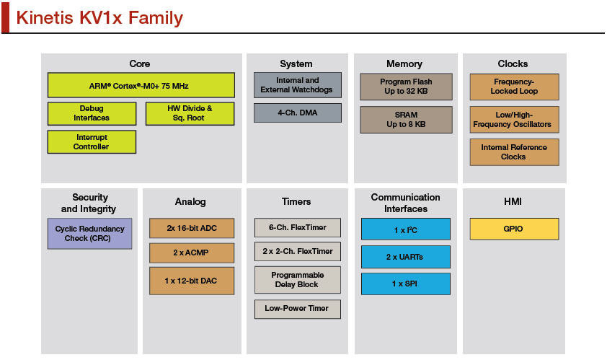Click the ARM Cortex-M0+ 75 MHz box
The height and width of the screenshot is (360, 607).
pos(141,85)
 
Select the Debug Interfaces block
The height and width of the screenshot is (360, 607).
pos(92,113)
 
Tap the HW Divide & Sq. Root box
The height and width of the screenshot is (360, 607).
pos(190,113)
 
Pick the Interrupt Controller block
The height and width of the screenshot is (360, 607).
pos(92,142)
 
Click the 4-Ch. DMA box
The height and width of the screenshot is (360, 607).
pos(298,113)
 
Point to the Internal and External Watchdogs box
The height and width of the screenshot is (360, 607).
pos(298,85)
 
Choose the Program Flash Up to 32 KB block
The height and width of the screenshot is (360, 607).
pos(406,87)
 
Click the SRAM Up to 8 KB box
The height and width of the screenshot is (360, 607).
pos(406,120)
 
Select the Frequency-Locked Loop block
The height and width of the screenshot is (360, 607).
pos(515,87)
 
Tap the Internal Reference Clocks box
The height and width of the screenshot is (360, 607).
pos(515,152)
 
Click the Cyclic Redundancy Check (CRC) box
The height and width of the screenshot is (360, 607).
pos(90,234)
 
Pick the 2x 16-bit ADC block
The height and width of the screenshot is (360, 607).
pos(192,228)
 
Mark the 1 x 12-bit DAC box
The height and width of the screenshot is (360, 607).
pos(192,281)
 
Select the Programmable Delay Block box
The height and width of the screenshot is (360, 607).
pos(298,280)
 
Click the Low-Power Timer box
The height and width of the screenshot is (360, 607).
pos(298,309)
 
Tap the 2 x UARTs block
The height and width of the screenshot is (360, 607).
pos(406,257)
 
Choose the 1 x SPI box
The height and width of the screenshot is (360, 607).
pos(406,284)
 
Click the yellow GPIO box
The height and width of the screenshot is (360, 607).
pos(515,229)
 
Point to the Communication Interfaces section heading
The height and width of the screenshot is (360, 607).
pos(406,203)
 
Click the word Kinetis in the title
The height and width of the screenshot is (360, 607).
pos(45,18)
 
